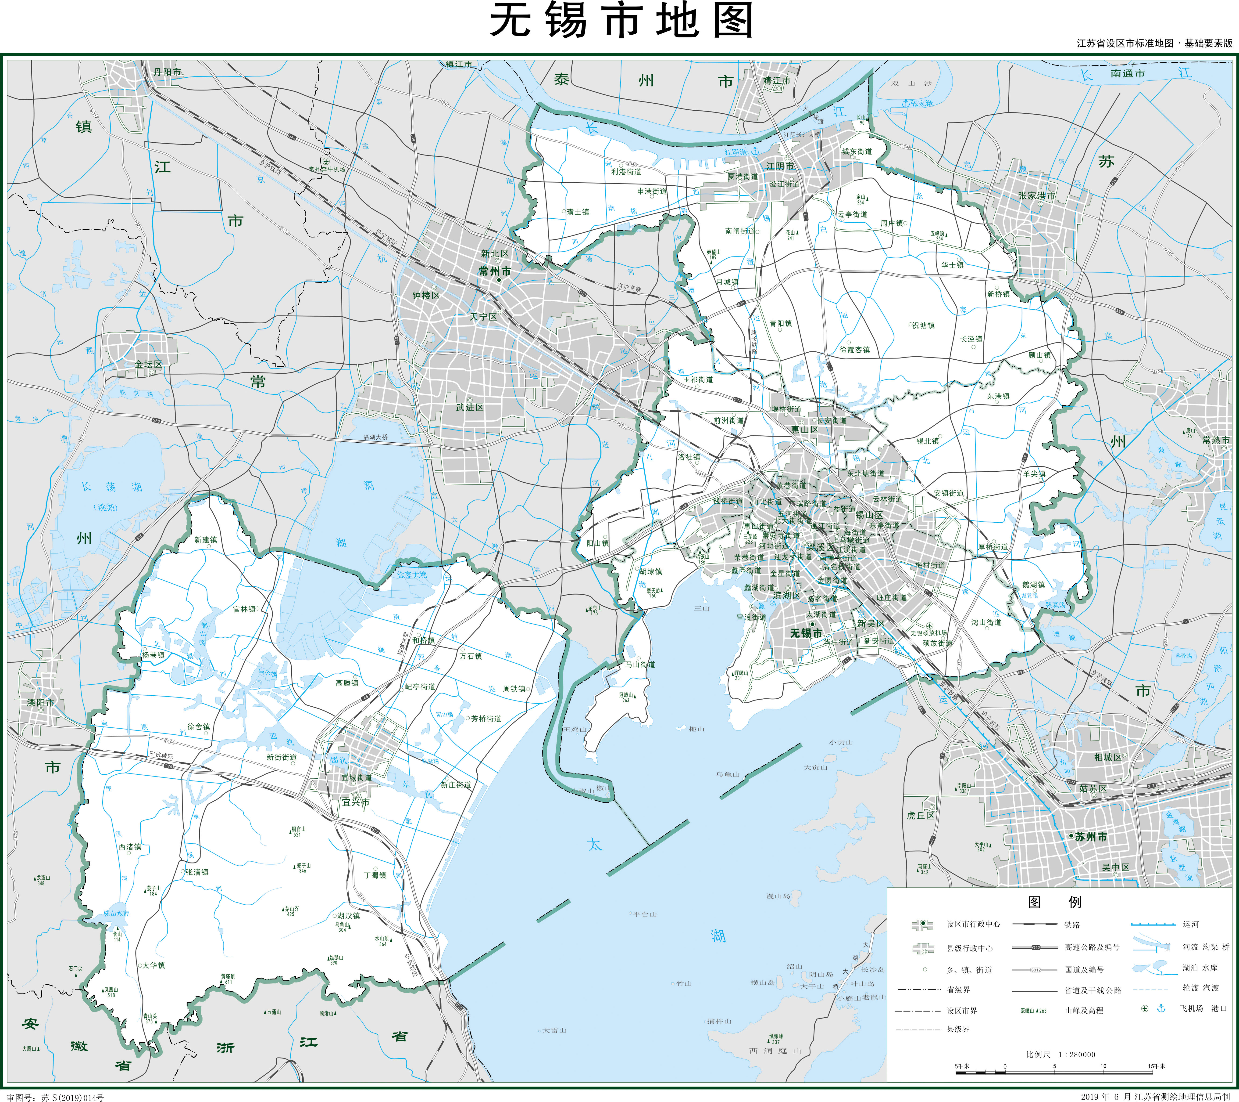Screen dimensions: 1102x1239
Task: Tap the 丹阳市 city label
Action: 167,72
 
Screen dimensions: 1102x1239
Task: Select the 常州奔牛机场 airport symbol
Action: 326,161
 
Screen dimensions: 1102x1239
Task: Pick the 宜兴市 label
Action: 355,802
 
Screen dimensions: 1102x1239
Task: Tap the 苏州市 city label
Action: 1091,837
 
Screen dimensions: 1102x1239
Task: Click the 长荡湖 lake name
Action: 111,487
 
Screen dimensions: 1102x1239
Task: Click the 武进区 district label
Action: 470,408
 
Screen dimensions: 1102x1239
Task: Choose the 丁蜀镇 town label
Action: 375,875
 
